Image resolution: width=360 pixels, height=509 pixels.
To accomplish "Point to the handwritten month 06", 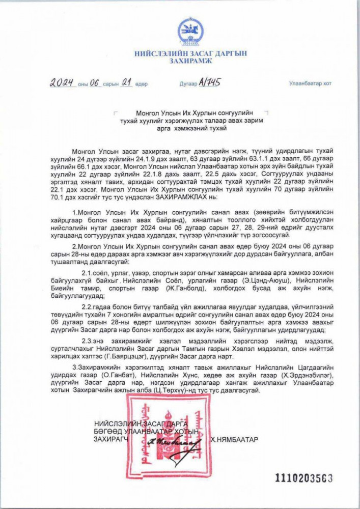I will (x=96, y=83).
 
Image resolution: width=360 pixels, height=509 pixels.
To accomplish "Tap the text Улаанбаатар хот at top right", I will (x=310, y=83).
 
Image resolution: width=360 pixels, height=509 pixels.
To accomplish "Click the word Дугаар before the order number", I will (x=188, y=84).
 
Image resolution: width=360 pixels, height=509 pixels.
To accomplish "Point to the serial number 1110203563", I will (x=304, y=478).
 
